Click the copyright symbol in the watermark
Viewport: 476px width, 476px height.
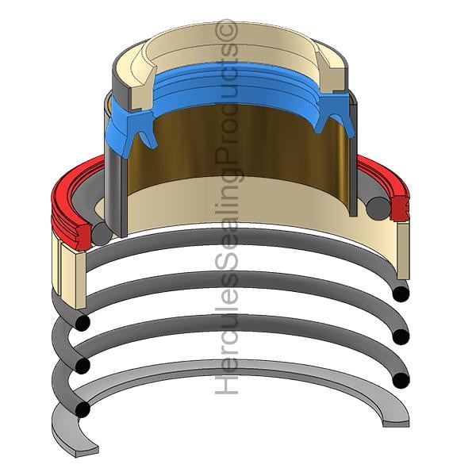226,29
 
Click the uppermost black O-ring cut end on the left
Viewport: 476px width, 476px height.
83,322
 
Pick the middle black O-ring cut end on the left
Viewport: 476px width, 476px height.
83,366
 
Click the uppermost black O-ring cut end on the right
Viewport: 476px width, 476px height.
401,294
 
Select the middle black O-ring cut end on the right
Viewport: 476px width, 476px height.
401,336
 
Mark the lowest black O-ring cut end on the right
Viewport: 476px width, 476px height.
401,380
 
